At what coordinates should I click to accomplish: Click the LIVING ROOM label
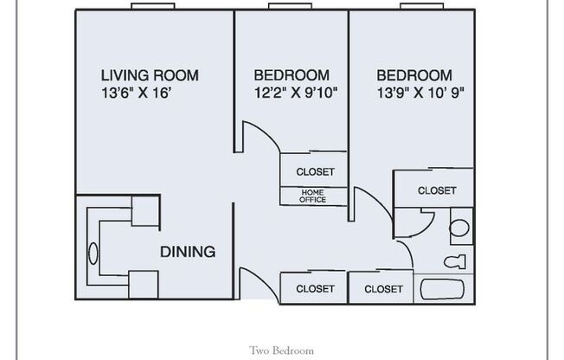point(150,75)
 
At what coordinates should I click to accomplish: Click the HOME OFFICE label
point(313,196)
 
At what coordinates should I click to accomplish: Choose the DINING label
point(187,253)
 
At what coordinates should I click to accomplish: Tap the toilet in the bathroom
point(454,261)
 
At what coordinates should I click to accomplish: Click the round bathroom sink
point(459,228)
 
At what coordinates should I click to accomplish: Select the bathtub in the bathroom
point(444,287)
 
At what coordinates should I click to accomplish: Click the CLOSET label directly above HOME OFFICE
point(315,172)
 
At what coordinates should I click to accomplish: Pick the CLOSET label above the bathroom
point(436,190)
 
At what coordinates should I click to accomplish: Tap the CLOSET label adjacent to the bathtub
point(382,289)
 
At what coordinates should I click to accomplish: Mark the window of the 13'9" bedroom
point(420,7)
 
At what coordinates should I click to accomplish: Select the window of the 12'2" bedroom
point(288,7)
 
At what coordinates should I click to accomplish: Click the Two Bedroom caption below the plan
point(281,350)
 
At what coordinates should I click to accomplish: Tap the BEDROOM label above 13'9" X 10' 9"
point(413,75)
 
